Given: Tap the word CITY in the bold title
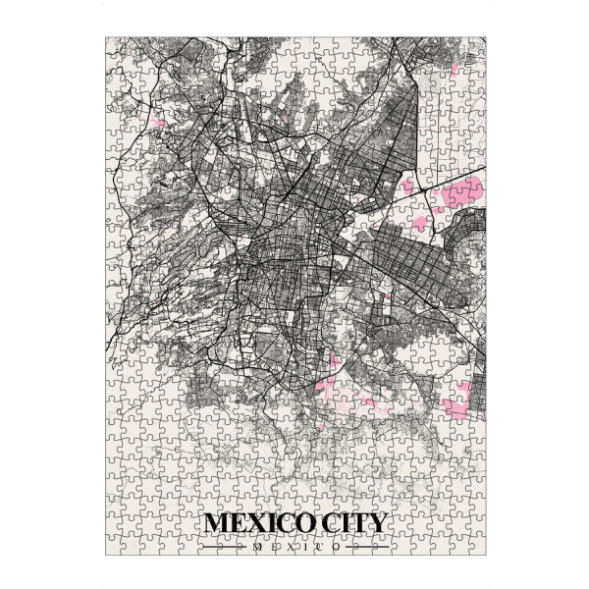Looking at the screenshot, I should coord(349,522).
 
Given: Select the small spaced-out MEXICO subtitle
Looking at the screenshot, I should coord(295,547).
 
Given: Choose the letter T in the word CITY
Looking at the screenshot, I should coord(357,522).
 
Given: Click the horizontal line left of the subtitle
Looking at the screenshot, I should coord(226,547).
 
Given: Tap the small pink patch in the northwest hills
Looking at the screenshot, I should coord(155,125).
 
